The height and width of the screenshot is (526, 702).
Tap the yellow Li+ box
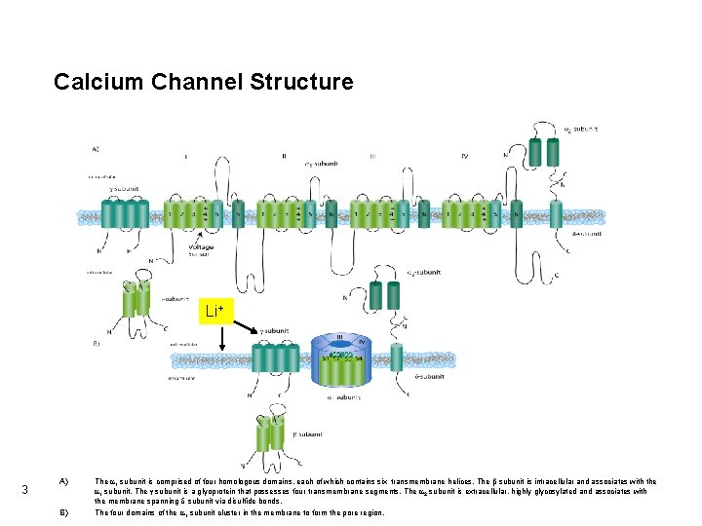coord(214,312)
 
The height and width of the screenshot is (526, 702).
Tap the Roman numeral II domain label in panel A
coord(284,155)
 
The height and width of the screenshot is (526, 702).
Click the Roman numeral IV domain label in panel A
coord(464,155)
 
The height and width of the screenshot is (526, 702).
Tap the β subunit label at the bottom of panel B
coord(309,433)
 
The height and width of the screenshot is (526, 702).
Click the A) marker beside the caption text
coord(63,481)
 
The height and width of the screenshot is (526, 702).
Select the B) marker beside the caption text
coord(63,511)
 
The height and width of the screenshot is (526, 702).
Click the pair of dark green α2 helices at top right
coord(544,150)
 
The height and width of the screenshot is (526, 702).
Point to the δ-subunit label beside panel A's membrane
coord(586,234)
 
